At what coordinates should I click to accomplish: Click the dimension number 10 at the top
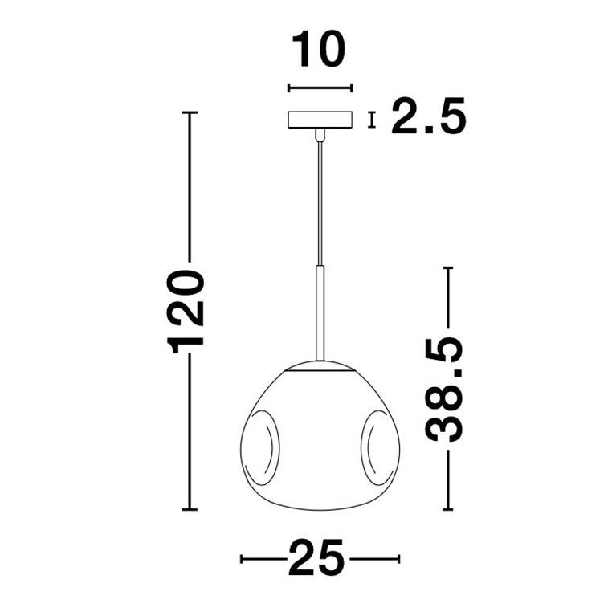tap(319, 50)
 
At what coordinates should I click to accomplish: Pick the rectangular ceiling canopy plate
tap(320, 120)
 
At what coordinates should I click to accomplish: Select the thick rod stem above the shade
tap(320, 313)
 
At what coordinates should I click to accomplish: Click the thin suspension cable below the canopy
tap(320, 201)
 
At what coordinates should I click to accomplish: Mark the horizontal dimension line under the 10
tap(320, 88)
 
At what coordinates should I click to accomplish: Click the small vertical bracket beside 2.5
tap(371, 120)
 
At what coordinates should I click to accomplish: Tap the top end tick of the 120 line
tap(190, 112)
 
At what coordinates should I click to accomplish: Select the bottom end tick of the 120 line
tap(190, 509)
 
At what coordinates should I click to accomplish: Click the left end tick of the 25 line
tap(242, 557)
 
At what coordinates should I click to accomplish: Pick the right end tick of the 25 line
tap(398, 557)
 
